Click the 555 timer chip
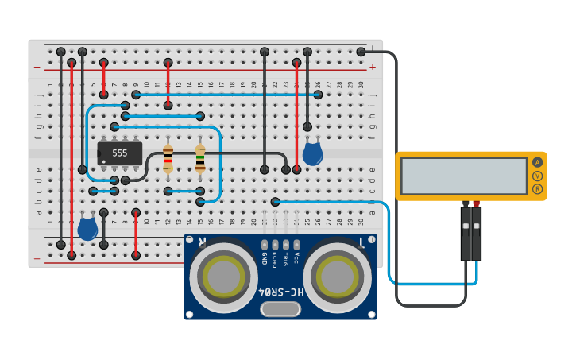(x=119, y=153)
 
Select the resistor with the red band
(x=168, y=158)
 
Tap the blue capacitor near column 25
(x=312, y=152)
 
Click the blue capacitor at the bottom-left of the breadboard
(x=87, y=229)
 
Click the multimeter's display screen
(x=464, y=176)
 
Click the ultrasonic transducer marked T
(x=338, y=277)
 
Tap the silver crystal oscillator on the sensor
(x=280, y=309)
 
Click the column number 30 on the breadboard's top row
(x=361, y=84)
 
